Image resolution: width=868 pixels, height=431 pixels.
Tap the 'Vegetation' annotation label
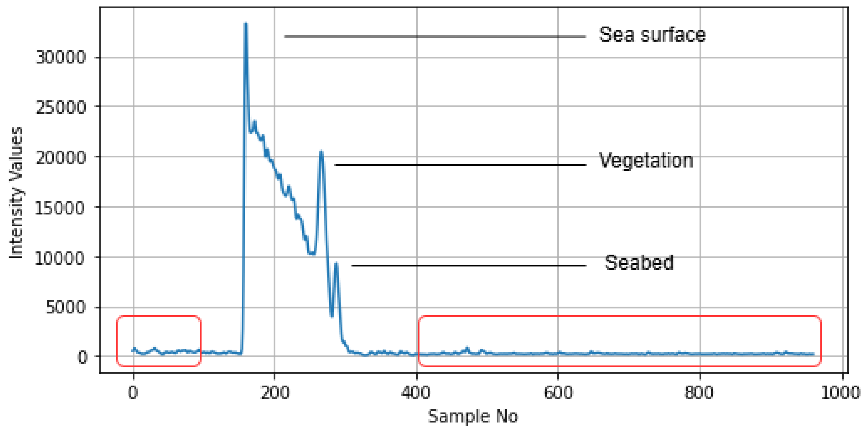tap(646, 160)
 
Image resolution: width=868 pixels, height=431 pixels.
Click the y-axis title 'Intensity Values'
tap(16, 193)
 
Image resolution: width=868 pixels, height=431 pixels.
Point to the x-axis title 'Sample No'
tap(473, 416)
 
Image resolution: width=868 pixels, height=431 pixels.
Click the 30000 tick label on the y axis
tap(61, 57)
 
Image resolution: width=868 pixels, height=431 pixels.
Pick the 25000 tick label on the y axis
tap(61, 108)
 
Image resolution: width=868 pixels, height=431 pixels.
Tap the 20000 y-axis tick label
tap(61, 157)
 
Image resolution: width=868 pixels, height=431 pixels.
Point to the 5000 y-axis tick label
tap(66, 307)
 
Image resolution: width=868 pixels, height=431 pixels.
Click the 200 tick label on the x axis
tap(275, 393)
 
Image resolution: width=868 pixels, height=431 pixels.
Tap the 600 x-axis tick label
tap(558, 393)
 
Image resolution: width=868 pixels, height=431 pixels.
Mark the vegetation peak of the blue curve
tap(321, 151)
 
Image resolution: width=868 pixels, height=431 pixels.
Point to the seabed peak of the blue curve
tap(336, 264)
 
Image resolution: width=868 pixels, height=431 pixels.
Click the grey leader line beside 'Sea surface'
tap(435, 37)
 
